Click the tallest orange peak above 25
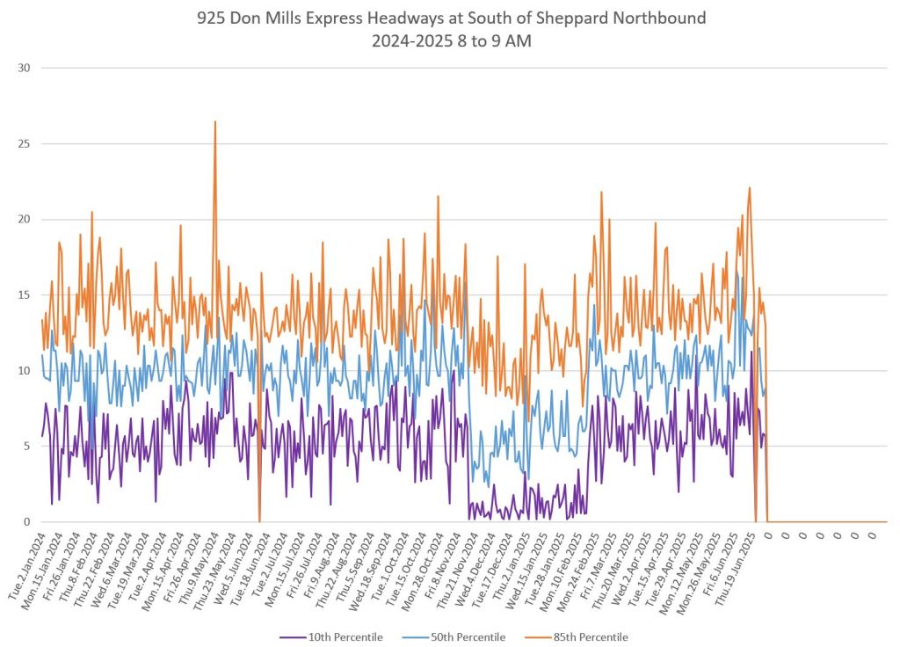coord(214,122)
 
